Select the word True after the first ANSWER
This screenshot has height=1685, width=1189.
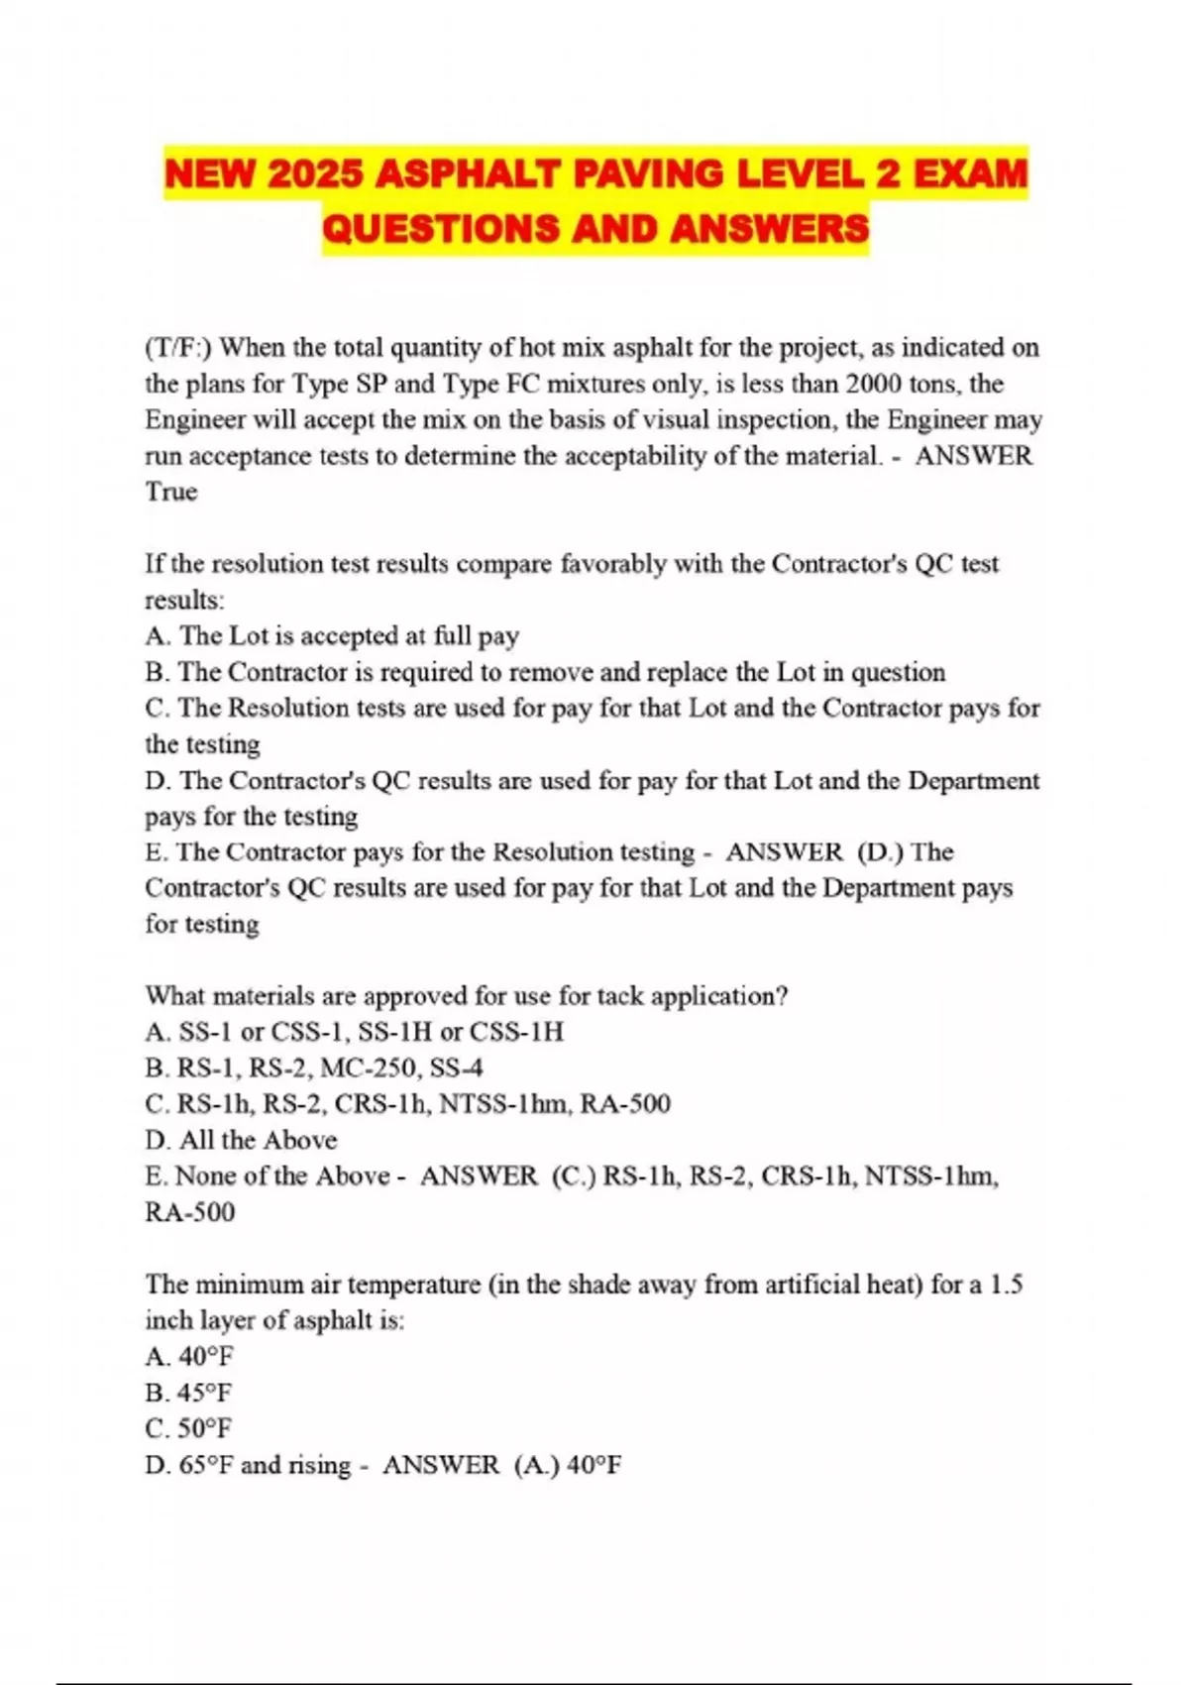point(171,492)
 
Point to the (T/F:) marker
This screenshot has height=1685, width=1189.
point(178,348)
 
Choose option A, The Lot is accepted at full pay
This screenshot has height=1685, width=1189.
point(332,635)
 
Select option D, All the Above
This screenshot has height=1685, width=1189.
point(241,1140)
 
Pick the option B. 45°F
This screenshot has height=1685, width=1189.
point(188,1393)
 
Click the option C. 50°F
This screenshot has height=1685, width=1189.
point(188,1428)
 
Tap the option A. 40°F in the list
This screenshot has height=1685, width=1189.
point(189,1356)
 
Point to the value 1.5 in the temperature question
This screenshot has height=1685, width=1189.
point(1007,1285)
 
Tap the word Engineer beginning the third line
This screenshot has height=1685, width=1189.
point(192,420)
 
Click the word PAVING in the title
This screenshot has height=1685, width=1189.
point(624,174)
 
